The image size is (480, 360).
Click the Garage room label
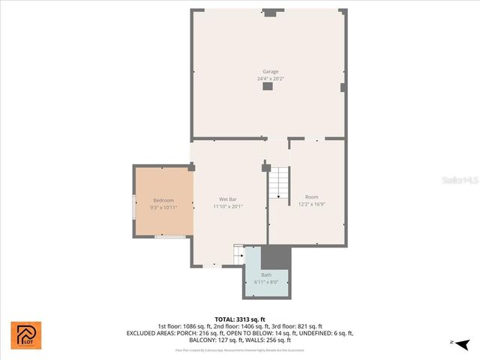270,72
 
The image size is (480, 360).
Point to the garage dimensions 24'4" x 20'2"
270,78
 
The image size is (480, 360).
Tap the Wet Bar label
228,199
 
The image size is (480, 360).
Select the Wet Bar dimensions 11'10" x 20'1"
228,206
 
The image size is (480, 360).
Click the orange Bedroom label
163,200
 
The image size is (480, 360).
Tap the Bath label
266,275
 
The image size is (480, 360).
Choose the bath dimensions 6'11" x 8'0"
266,282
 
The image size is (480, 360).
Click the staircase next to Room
279,183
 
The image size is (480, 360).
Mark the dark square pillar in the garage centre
267,87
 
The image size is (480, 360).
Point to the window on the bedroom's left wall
134,205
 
